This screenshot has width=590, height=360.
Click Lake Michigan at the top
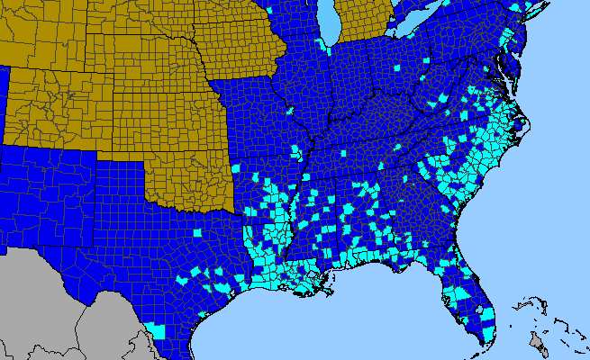[329, 22]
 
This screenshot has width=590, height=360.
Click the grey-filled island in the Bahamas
[539, 341]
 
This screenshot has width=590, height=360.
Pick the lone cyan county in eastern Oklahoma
[236, 168]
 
